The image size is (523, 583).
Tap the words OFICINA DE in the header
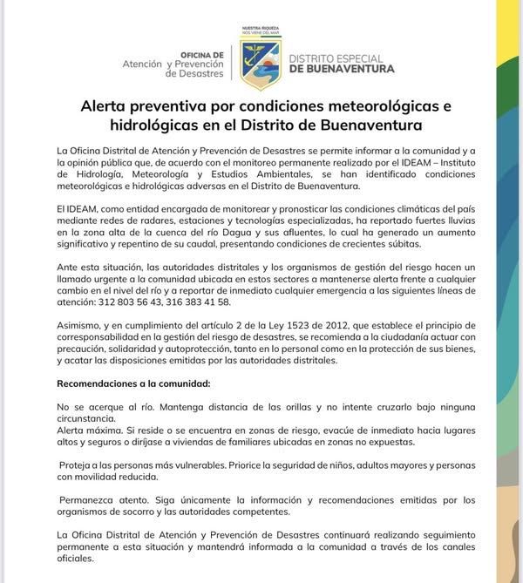(203, 54)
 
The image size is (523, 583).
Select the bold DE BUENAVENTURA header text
(342, 69)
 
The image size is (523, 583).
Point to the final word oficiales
(75, 559)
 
